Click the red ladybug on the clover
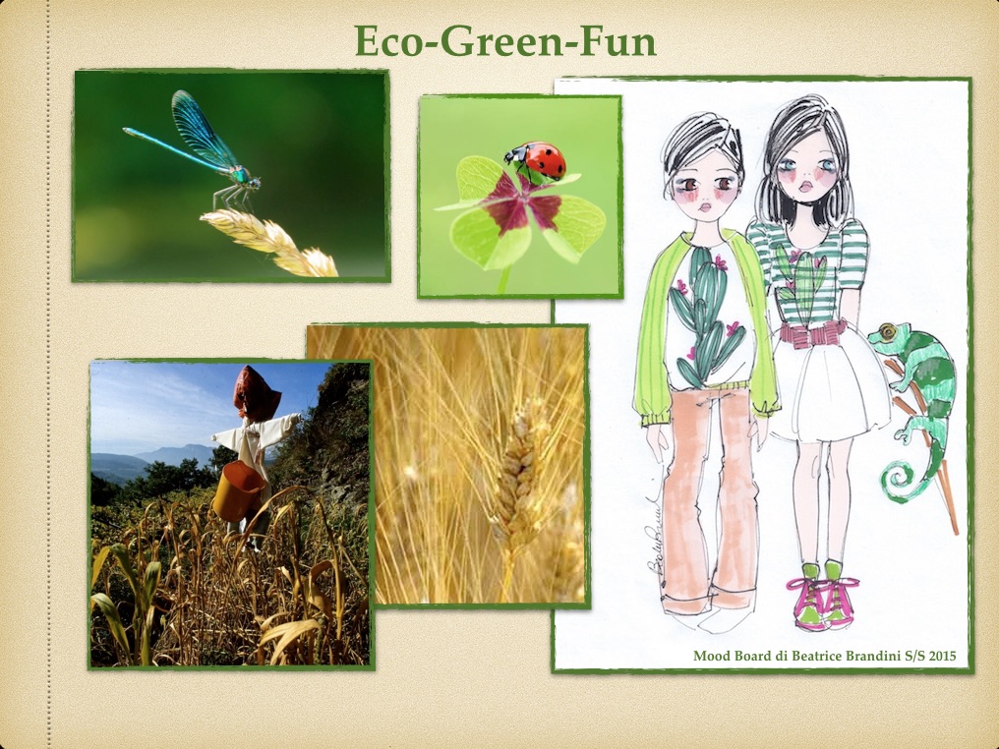tap(536, 159)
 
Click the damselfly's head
tap(255, 182)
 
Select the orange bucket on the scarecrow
tap(238, 491)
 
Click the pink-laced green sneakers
tap(823, 595)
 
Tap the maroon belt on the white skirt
tap(813, 333)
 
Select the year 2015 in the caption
tap(942, 656)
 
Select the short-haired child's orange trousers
tap(707, 496)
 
